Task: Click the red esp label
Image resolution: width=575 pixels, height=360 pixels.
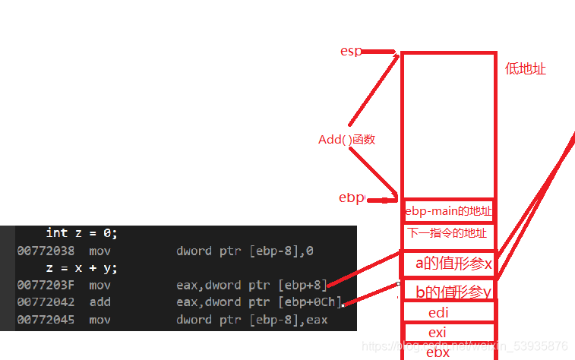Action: point(351,52)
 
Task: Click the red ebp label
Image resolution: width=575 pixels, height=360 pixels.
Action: point(351,197)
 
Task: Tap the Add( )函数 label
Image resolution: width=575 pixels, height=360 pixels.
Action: point(346,140)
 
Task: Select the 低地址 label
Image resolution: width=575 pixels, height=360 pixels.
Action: point(526,69)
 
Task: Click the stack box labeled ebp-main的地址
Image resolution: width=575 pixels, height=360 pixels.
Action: point(449,210)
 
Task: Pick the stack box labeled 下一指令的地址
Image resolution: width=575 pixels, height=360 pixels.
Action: point(447,233)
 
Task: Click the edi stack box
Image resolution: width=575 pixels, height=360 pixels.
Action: point(438,312)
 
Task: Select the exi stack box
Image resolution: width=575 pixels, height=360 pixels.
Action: point(438,333)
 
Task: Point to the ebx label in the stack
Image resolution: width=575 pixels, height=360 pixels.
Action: point(438,352)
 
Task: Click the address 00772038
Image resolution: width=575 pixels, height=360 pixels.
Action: point(46,250)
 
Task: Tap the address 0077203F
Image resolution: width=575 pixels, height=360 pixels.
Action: point(46,285)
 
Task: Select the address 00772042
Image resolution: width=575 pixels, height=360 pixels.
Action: point(46,302)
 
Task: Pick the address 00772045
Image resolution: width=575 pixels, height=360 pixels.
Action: point(46,320)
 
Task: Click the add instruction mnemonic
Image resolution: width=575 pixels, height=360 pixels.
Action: point(99,302)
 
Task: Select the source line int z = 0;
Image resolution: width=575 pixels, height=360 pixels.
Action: point(81,233)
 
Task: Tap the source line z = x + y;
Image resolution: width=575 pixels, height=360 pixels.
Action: point(81,268)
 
